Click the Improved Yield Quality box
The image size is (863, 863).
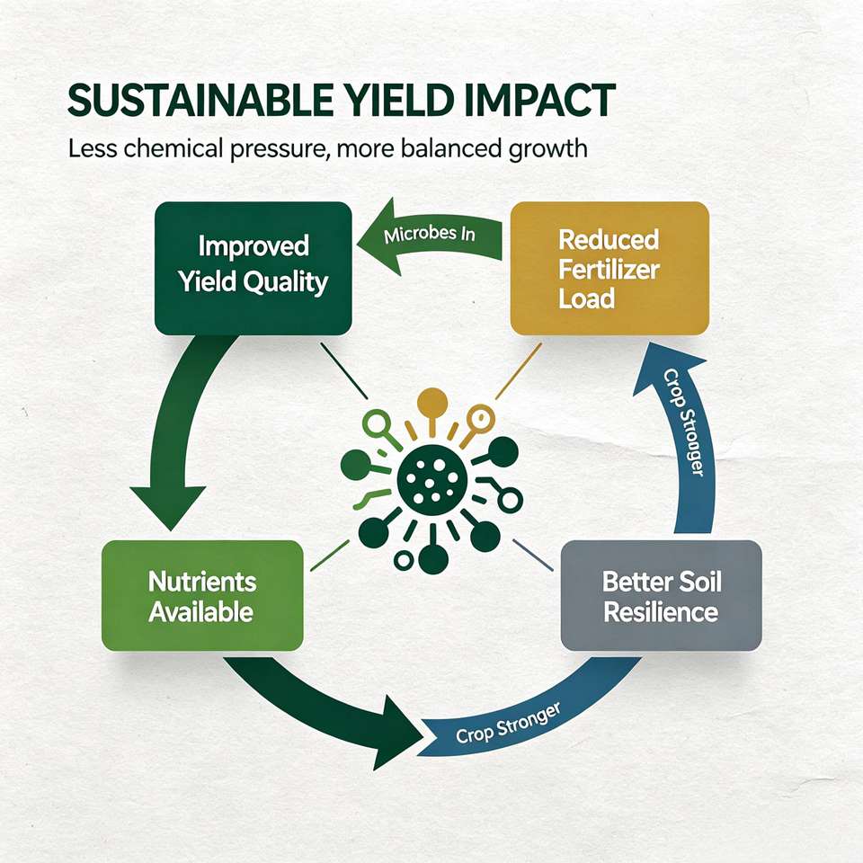[x=254, y=268]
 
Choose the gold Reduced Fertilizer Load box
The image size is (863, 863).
[x=609, y=268]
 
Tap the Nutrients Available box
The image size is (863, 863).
[x=202, y=595]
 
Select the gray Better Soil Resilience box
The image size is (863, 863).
[x=661, y=595]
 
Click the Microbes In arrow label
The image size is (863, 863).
[x=430, y=235]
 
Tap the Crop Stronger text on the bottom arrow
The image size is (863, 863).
[x=508, y=723]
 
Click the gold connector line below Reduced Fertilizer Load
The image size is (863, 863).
[x=518, y=371]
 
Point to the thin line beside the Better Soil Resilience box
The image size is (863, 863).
[x=533, y=555]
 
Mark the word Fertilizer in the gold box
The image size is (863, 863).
[x=609, y=270]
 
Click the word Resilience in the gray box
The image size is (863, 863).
[x=661, y=612]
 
